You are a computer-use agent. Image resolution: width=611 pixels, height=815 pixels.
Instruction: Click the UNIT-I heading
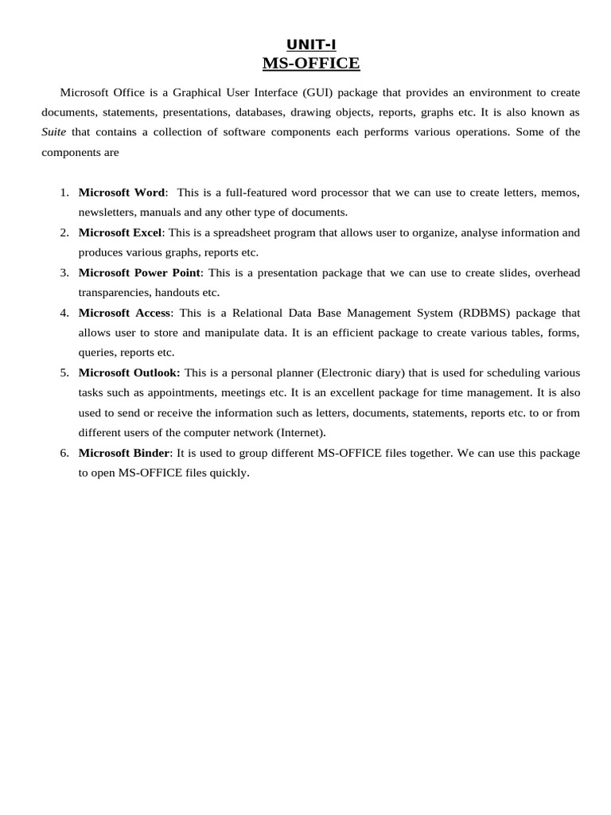coord(311,45)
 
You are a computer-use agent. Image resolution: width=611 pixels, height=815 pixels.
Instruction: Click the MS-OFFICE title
coord(311,63)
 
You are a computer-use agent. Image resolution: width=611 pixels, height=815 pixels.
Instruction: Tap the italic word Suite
coord(53,132)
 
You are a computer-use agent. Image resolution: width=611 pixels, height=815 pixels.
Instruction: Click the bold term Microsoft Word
coord(122,193)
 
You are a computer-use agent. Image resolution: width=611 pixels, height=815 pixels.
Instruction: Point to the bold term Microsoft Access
coord(125,312)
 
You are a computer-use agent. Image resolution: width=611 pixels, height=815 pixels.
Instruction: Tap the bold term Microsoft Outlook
coord(129,372)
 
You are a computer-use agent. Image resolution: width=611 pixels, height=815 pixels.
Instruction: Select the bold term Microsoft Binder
coord(124,453)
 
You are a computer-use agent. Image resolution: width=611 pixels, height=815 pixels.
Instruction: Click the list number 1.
coord(64,193)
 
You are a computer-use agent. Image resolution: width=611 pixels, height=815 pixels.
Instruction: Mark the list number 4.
coord(64,312)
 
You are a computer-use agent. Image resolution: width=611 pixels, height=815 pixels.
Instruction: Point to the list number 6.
coord(64,453)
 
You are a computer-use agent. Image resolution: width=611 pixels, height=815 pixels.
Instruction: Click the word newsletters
coord(107,213)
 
